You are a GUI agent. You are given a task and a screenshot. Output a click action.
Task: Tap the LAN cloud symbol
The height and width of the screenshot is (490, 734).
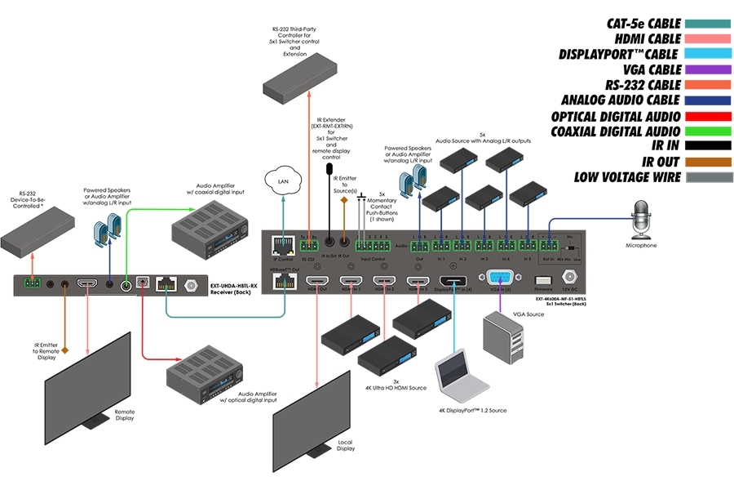point(284,181)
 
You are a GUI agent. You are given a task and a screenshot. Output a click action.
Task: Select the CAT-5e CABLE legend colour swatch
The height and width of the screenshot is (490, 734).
point(706,24)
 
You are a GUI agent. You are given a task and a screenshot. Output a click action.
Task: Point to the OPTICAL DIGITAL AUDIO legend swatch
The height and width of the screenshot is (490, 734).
point(706,117)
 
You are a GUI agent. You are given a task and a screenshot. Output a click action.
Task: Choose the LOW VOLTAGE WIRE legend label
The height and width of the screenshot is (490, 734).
point(627,176)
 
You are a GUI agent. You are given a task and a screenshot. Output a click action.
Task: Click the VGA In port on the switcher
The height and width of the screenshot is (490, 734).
point(500,279)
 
